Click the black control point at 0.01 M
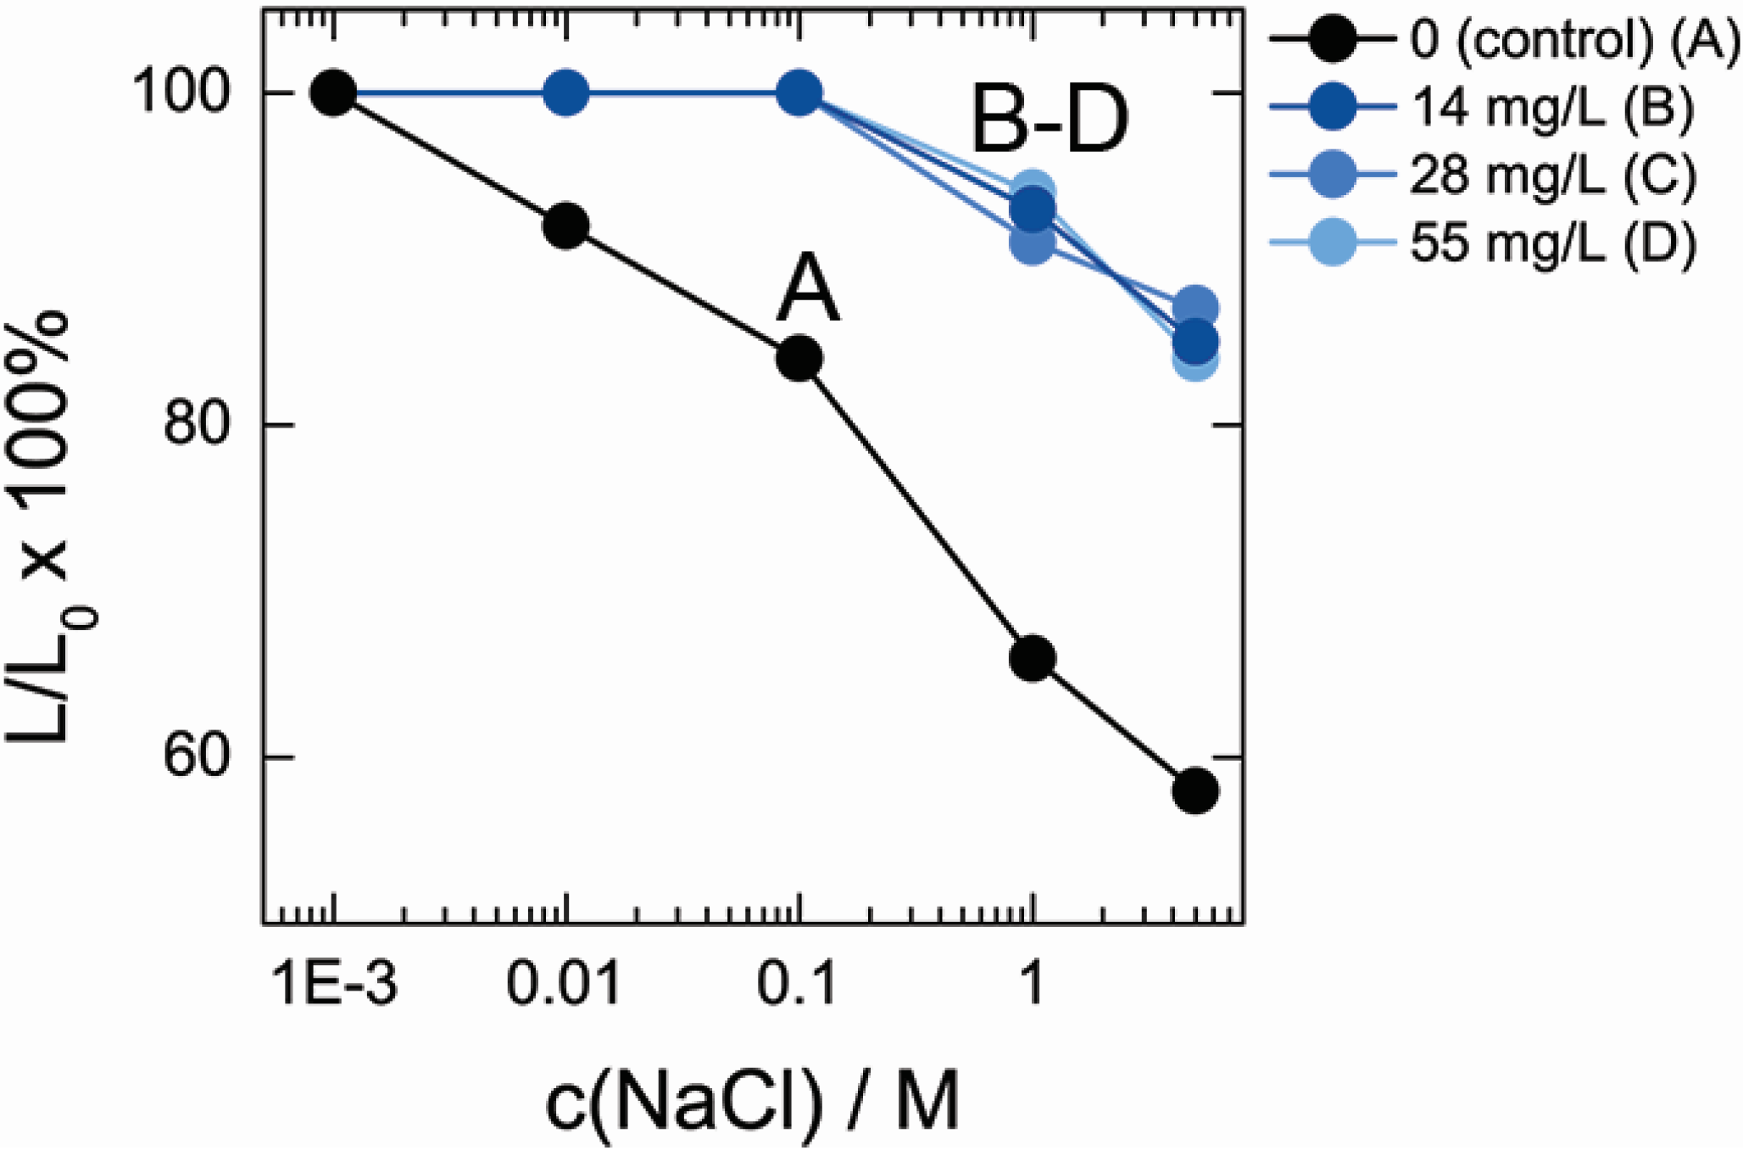point(565,226)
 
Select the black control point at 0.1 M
point(799,358)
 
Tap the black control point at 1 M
point(1032,657)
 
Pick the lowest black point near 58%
point(1194,790)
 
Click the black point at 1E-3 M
point(333,92)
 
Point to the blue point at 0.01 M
point(565,92)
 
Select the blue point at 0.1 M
point(799,92)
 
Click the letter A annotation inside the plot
point(808,290)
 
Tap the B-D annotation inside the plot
point(1050,121)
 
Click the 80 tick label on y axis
point(197,424)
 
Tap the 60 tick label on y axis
point(197,756)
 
